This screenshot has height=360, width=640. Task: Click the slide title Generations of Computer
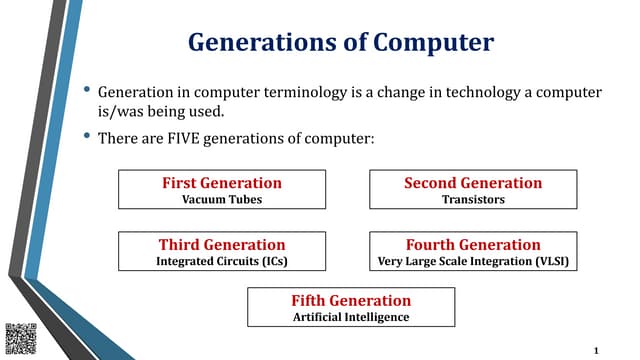click(x=340, y=43)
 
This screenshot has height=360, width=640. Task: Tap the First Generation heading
click(x=222, y=183)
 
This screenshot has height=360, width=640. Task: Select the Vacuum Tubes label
click(x=222, y=200)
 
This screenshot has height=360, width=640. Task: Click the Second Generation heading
click(x=473, y=183)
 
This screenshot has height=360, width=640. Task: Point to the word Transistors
click(x=473, y=200)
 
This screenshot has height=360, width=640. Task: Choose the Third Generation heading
click(x=222, y=245)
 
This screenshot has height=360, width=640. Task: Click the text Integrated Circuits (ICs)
click(x=222, y=262)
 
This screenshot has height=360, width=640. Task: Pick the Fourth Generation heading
click(x=473, y=245)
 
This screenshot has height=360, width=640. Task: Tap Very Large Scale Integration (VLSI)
click(x=473, y=262)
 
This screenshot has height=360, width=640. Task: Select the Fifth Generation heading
click(x=351, y=300)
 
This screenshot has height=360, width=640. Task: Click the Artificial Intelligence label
click(x=351, y=317)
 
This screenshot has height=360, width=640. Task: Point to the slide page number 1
click(x=596, y=350)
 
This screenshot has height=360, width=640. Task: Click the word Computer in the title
click(x=434, y=43)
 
